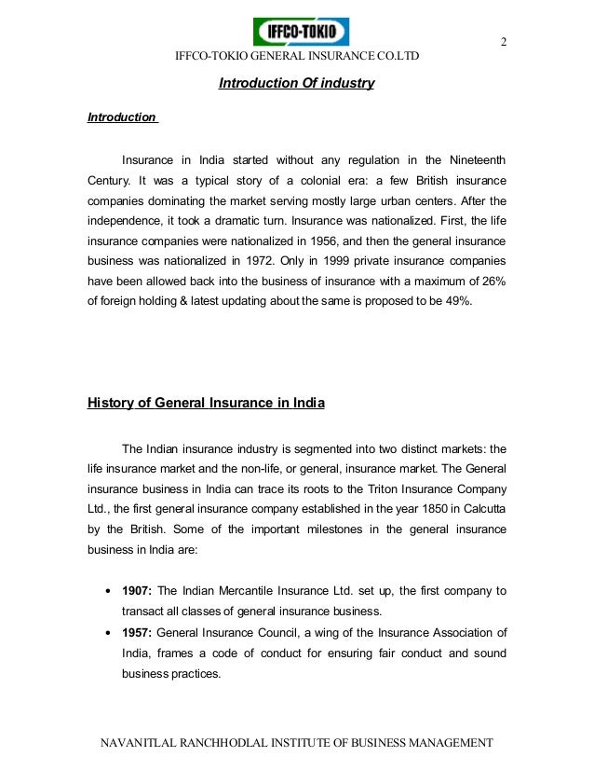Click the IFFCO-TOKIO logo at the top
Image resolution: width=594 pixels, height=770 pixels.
click(301, 34)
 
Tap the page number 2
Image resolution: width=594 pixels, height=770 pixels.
click(504, 42)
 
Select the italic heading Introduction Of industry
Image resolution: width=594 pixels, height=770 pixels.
click(296, 84)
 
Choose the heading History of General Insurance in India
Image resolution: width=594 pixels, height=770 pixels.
click(206, 404)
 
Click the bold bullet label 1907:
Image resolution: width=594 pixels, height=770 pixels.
click(138, 590)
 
